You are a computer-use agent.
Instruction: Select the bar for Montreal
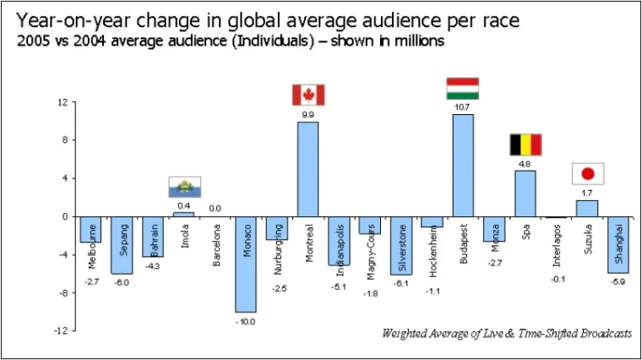[307, 169]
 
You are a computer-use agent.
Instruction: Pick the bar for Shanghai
[618, 244]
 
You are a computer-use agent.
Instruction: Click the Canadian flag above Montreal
[308, 95]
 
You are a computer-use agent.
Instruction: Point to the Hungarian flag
[463, 88]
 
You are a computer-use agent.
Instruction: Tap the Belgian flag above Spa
[525, 145]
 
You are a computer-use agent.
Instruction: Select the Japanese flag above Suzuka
[588, 173]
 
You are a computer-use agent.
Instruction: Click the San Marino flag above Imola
[184, 187]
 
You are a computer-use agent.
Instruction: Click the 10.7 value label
[463, 107]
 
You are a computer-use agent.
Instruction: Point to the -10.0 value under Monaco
[246, 321]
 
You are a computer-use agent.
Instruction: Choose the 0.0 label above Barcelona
[215, 207]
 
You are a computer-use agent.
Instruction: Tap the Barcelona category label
[216, 244]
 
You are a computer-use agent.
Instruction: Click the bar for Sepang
[122, 244]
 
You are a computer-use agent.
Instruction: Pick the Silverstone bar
[401, 245]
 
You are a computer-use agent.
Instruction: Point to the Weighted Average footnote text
[506, 333]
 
